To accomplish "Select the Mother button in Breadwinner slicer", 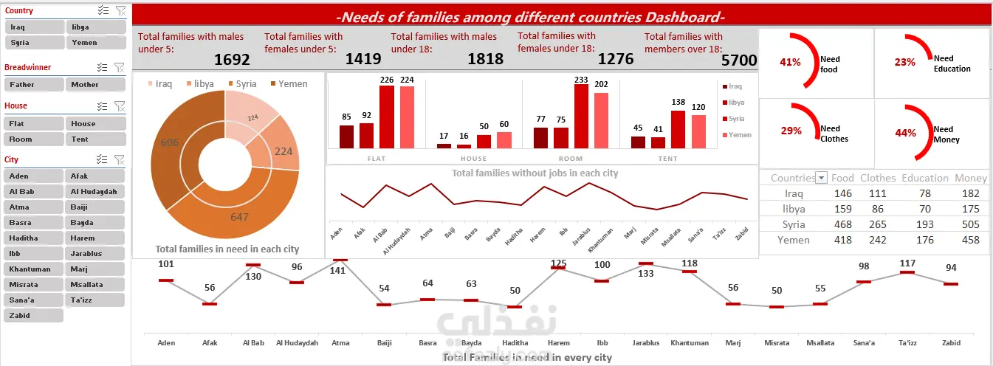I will tap(95, 85).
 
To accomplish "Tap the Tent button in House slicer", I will tap(95, 139).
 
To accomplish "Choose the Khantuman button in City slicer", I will tap(33, 269).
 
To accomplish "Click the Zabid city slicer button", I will tap(33, 315).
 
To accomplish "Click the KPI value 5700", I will tap(738, 60).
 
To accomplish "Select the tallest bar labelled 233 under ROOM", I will tap(581, 116).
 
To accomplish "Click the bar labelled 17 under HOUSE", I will tap(444, 145).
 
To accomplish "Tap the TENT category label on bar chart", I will tap(668, 159).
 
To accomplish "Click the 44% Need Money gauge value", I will tap(905, 134).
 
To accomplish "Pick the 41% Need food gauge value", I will tap(790, 63).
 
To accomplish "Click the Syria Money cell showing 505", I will tap(971, 224).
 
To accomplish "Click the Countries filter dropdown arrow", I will tap(822, 178).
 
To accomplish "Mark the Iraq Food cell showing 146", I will tap(842, 193).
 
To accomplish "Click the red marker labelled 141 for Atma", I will tap(340, 260).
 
